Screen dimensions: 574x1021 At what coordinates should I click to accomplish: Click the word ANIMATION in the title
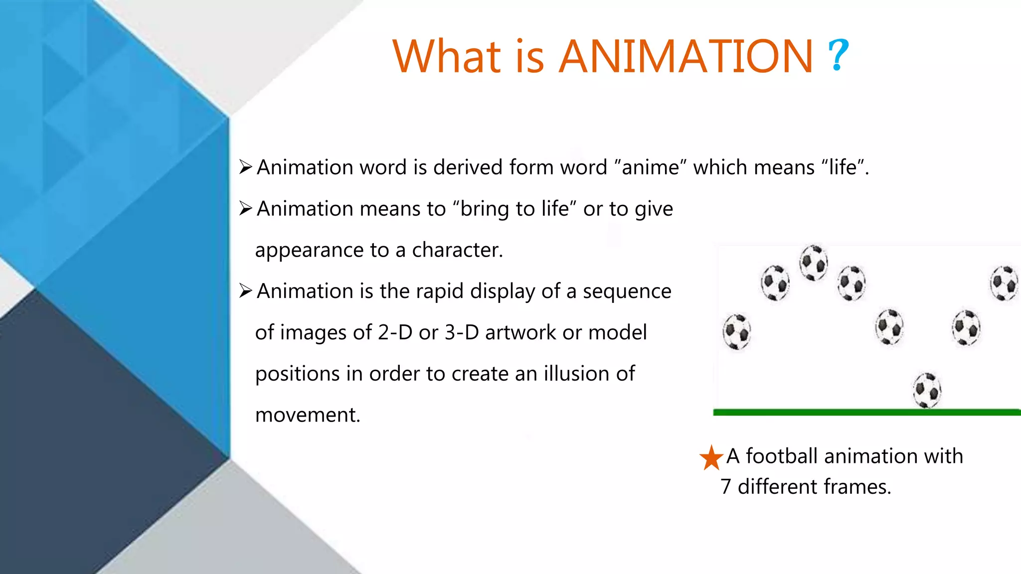(x=685, y=56)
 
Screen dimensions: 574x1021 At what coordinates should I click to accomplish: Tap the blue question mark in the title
(x=838, y=55)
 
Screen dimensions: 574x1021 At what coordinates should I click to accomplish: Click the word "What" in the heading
(x=447, y=56)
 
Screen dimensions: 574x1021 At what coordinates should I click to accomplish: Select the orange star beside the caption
(x=711, y=458)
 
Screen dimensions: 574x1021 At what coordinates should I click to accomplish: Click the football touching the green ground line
(x=927, y=391)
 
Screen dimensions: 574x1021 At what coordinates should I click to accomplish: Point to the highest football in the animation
(x=813, y=263)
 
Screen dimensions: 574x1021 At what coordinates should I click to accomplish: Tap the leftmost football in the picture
(x=737, y=332)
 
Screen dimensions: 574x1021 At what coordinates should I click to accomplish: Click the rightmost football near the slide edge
(x=1004, y=283)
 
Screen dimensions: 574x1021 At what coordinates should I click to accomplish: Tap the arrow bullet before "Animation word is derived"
(x=245, y=167)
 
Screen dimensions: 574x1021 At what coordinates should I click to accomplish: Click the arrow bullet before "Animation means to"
(x=245, y=208)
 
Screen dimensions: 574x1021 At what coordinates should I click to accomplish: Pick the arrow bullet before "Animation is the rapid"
(x=245, y=290)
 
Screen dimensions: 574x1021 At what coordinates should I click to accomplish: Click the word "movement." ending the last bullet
(x=308, y=415)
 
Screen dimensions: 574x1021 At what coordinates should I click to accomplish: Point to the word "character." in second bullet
(x=457, y=250)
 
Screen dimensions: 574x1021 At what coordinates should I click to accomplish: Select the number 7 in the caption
(x=726, y=487)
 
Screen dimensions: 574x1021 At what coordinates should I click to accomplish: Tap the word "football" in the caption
(x=781, y=456)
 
